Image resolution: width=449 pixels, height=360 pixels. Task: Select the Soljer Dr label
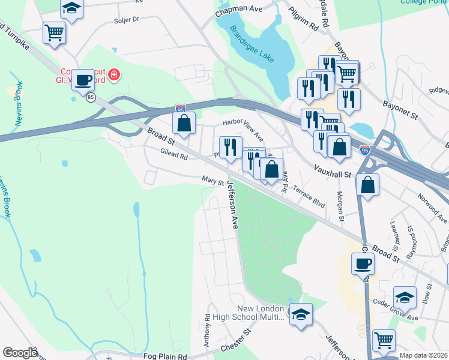[127, 19]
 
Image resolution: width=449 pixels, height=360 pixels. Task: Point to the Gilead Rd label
[174, 154]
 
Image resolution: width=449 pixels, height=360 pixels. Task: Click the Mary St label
[212, 180]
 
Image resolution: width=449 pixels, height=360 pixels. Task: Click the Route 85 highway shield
[91, 97]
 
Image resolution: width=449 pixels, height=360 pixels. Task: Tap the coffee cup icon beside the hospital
[83, 80]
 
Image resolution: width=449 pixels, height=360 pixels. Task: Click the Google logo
[20, 353]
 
